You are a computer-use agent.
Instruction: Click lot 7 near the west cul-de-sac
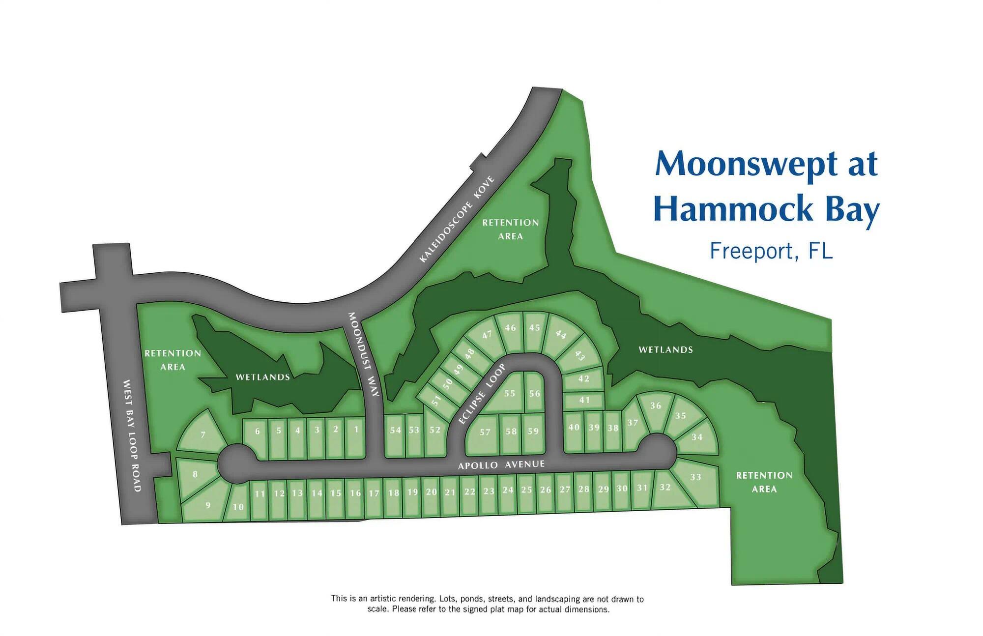[x=203, y=434]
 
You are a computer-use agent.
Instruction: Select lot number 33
[x=695, y=477]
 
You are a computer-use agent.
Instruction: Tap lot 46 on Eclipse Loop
[x=511, y=328]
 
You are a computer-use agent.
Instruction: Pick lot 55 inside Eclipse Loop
[x=510, y=393]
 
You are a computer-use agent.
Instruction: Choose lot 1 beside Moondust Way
[x=356, y=429]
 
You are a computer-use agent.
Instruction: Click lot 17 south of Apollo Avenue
[x=374, y=493]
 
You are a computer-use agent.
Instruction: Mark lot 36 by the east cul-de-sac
[x=656, y=405]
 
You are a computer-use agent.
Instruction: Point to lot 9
[x=208, y=505]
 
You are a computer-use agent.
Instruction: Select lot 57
[x=485, y=432]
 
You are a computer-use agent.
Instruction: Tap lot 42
[x=583, y=379]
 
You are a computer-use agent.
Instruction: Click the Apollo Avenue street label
[x=501, y=464]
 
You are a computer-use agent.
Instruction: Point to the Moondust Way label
[x=364, y=354]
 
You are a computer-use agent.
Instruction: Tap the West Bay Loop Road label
[x=132, y=435]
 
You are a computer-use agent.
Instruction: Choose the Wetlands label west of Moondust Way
[x=262, y=377]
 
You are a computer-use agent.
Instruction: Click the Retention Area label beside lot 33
[x=764, y=482]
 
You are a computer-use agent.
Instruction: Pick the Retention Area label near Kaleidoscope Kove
[x=510, y=229]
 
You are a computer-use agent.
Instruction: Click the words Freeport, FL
[x=771, y=251]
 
